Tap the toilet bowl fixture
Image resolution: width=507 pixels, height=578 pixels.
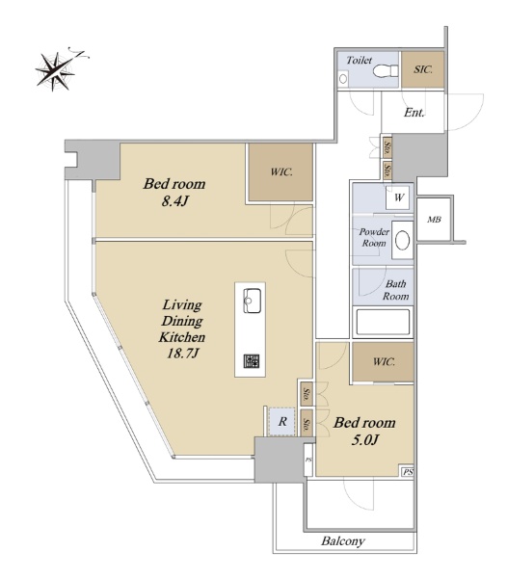coord(386,70)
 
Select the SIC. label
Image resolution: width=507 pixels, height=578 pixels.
coord(422,69)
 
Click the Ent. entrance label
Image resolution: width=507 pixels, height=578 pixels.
coord(414,113)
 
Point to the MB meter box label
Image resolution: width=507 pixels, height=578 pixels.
coord(434,220)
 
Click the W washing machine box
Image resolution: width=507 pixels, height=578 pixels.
coord(399,197)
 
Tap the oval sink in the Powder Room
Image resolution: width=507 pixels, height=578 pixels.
coord(402,241)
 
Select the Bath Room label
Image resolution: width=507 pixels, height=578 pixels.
coord(395,290)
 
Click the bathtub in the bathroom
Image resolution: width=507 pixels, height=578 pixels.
coord(383,322)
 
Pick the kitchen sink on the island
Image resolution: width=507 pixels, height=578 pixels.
coord(253,301)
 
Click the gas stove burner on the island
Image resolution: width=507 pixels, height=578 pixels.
coord(252,361)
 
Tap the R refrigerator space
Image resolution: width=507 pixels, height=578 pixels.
coord(282,422)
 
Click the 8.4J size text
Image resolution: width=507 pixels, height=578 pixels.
coord(175,201)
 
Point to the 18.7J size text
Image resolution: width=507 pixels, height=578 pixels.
coord(183,354)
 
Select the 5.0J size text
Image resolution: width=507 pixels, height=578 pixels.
coord(365,440)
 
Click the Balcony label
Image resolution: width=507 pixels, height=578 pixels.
coord(343,541)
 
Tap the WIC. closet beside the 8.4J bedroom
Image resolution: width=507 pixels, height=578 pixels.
coord(280,172)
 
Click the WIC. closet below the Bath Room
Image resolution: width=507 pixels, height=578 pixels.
coord(383,361)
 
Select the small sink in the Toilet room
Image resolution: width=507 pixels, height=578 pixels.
coord(343,79)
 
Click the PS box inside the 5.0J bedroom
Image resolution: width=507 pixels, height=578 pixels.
coord(408,472)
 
